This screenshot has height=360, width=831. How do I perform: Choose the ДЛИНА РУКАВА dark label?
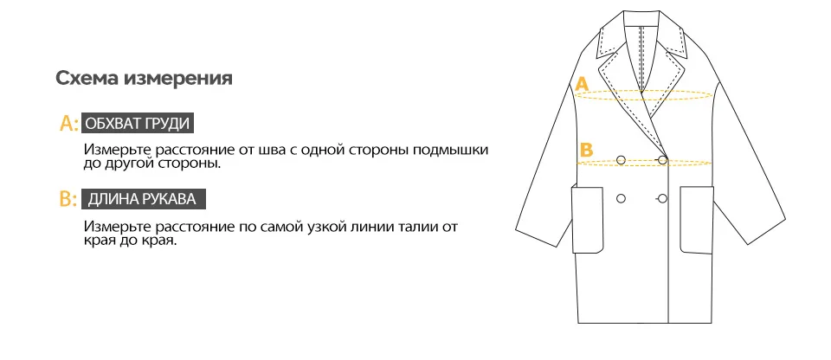[142, 199]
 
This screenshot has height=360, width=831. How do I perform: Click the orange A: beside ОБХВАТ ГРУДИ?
[68, 124]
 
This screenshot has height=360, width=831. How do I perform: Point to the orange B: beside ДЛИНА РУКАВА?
[68, 200]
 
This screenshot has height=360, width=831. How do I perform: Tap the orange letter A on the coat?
[583, 84]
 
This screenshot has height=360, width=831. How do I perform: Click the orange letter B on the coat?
[586, 149]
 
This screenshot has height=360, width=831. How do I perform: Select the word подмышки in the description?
[452, 149]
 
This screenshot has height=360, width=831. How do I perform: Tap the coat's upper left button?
[621, 158]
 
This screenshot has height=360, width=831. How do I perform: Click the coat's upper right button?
[662, 159]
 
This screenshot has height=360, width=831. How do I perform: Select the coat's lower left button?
[621, 199]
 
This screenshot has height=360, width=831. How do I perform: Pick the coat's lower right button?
[662, 199]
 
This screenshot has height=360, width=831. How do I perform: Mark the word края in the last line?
[102, 241]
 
